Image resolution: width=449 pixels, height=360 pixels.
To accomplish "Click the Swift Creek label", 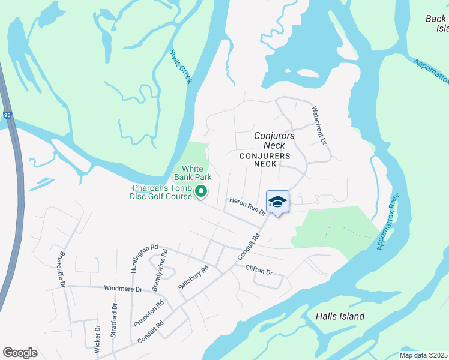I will click(x=180, y=67).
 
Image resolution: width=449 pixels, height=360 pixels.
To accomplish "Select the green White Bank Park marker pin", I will click(x=202, y=192).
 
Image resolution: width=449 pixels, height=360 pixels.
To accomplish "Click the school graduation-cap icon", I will click(x=277, y=202).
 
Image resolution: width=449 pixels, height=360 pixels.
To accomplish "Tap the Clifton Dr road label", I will click(x=259, y=270).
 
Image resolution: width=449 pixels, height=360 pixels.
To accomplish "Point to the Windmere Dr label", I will click(x=122, y=289).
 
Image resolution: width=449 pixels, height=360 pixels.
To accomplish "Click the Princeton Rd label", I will click(x=149, y=313).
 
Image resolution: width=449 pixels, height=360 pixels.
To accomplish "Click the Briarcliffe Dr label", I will click(x=62, y=269).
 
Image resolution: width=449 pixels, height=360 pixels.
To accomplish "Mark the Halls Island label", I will click(x=340, y=316).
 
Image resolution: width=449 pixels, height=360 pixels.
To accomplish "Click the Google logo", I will click(x=20, y=353).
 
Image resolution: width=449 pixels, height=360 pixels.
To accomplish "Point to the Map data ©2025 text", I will click(x=423, y=355).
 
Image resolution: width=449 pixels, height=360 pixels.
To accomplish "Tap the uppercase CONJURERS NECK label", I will click(x=265, y=160).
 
